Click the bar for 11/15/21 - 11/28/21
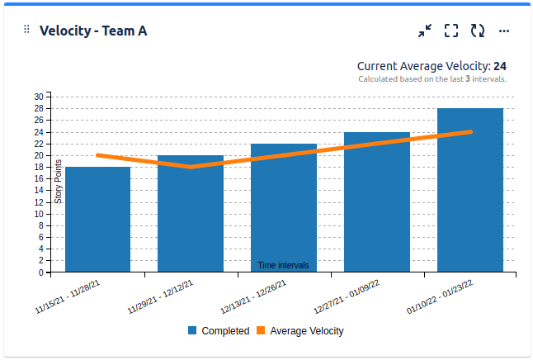pos(97,219)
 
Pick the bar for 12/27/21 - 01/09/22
pos(377,201)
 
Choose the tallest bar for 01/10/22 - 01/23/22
pos(470,190)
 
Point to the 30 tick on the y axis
pos(39,97)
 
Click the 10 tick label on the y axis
pos(39,214)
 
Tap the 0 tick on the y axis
pos(41,272)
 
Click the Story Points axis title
pos(59,181)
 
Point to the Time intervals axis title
pos(283,266)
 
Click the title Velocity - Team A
pos(93,31)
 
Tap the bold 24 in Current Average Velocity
pos(500,66)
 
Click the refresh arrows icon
pos(478,31)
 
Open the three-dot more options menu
pos(504,31)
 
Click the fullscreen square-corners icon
pos(451,31)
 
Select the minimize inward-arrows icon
pos(425,31)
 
